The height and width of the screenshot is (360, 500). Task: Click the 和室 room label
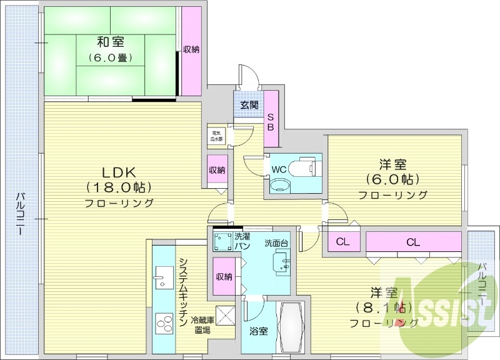(x=110, y=42)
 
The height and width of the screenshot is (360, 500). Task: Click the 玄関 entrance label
(x=249, y=105)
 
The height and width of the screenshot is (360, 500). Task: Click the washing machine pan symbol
(x=223, y=241)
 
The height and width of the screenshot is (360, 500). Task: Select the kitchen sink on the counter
(x=163, y=276)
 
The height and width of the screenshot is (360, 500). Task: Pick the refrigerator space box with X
(x=224, y=314)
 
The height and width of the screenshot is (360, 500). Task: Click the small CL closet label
(x=342, y=242)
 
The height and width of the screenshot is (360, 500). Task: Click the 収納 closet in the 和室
(x=191, y=50)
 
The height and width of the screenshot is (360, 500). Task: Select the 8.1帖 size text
(x=383, y=307)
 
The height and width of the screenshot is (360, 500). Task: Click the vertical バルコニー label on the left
(x=21, y=212)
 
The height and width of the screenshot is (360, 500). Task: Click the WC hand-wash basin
(x=279, y=185)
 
